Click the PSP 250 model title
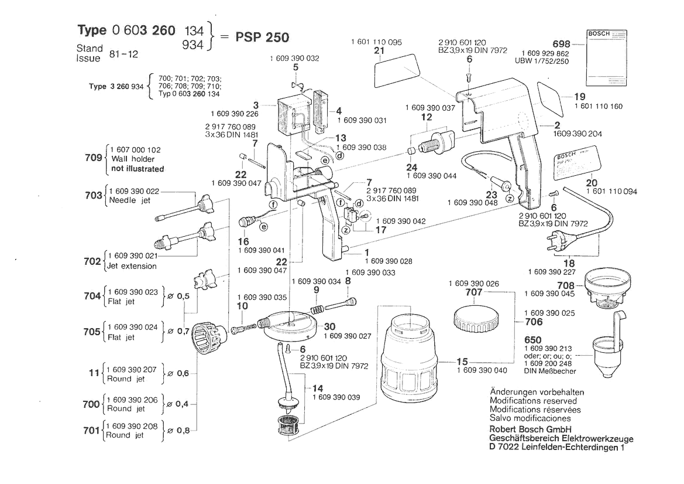coord(262,38)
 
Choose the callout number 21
coord(379,52)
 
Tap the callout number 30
coord(329,326)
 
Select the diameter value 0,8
coord(183,431)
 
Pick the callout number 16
coord(243,241)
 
